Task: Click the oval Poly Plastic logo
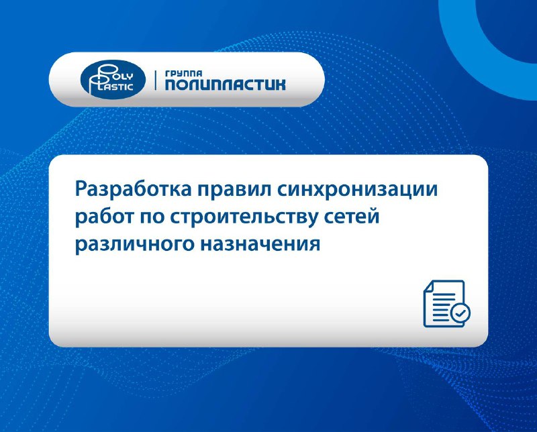113,79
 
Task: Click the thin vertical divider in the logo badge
156,80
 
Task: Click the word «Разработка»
133,189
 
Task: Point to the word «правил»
234,190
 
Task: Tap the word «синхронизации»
358,190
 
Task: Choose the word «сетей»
350,217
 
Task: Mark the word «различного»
134,245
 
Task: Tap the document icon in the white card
446,304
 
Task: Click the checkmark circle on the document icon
460,313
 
